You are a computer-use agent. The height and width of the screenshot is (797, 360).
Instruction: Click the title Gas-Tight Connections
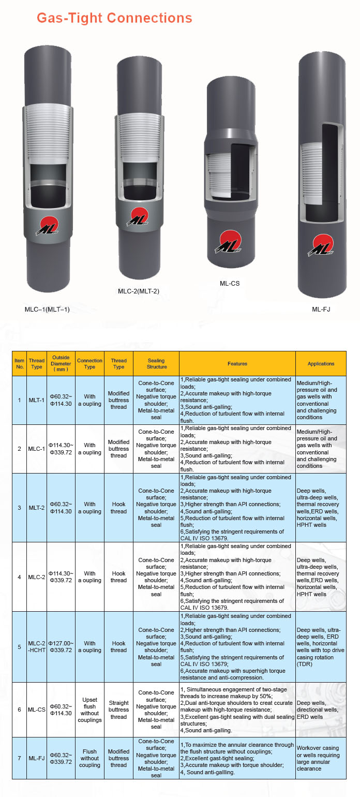tap(114, 18)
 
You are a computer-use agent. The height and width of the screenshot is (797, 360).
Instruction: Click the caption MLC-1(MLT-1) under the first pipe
tap(47, 309)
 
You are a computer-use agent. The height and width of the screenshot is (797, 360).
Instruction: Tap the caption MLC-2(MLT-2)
tap(139, 291)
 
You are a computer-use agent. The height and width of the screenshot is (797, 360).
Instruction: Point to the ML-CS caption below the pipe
tap(230, 283)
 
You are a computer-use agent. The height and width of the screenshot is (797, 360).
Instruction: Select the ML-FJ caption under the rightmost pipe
tap(321, 309)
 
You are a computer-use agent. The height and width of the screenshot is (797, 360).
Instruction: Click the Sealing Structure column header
tap(156, 364)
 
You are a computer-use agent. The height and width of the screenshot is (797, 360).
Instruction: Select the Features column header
tap(237, 364)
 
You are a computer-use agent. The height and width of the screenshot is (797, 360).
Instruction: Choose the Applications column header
tap(321, 364)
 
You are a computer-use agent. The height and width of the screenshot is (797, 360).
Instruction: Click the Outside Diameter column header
tap(61, 364)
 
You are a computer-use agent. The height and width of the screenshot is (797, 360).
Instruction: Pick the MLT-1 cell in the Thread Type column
tap(37, 400)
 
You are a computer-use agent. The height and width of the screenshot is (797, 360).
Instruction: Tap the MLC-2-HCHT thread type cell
tap(37, 646)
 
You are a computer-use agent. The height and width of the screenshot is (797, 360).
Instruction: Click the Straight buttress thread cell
tap(118, 710)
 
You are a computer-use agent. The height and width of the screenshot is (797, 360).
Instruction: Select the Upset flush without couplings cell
tap(89, 710)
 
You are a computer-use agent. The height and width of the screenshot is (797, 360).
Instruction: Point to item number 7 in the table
tap(19, 758)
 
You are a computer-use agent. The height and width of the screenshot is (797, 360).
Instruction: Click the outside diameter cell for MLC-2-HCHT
tap(61, 646)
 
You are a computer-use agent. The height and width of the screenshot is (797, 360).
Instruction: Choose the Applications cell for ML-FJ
tap(321, 758)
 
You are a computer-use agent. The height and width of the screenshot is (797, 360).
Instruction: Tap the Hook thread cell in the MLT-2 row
tap(118, 508)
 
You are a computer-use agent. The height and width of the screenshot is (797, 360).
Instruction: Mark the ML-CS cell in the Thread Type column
tap(37, 710)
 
